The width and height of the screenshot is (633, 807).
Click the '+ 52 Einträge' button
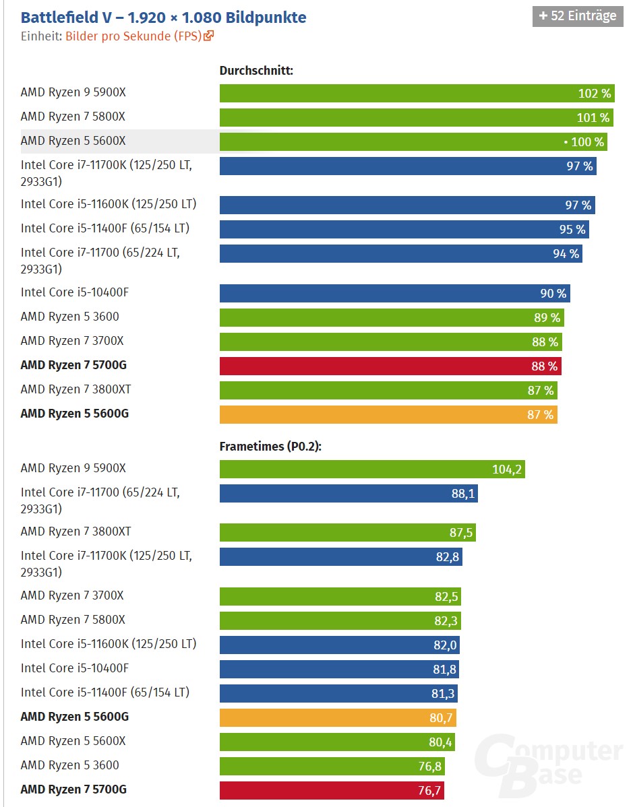point(577,16)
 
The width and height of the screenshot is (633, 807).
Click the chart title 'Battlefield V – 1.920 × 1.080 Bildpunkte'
point(163,18)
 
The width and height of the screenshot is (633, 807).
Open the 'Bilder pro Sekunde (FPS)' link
point(133,36)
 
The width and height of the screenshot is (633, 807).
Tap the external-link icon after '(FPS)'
point(208,36)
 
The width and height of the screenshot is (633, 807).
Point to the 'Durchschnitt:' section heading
point(256,71)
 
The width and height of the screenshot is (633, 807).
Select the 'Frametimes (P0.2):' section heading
point(270,446)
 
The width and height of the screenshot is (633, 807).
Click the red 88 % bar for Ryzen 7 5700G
point(390,366)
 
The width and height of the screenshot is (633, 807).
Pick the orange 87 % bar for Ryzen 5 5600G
point(388,414)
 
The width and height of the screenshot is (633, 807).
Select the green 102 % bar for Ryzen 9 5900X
point(417,93)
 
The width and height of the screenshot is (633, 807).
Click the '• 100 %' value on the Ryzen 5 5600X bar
point(584,142)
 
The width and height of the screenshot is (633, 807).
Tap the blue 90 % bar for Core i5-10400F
point(394,293)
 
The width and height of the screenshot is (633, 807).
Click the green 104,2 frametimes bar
point(372,469)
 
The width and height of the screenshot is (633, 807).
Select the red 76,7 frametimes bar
point(332,790)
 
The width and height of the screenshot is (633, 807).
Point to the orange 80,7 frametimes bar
point(338,717)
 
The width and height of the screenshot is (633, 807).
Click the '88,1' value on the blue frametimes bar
point(463,494)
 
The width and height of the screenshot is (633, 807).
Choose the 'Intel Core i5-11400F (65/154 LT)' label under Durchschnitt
point(105,228)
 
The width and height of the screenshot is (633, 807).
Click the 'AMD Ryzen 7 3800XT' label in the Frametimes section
point(76,531)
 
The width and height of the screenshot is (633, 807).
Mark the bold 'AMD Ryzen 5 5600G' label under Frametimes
point(75,717)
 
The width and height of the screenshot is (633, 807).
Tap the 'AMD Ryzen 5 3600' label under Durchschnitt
point(69,317)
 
